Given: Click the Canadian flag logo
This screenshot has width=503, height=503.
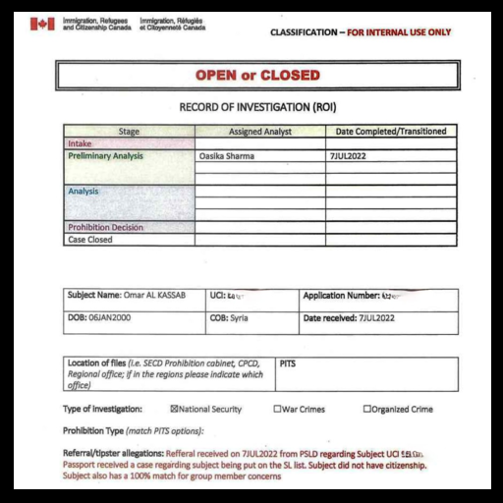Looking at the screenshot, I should click(x=42, y=25).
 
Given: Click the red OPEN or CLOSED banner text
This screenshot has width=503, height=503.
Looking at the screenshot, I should click(x=256, y=76).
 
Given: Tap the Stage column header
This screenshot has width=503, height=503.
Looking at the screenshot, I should click(x=129, y=131).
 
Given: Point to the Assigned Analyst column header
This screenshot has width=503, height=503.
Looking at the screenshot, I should click(x=259, y=131).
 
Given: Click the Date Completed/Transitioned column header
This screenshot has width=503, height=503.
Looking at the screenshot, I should click(x=391, y=131).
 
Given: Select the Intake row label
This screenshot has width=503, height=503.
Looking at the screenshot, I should click(x=80, y=143).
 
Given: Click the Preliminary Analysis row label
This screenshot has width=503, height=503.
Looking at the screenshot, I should click(x=105, y=155).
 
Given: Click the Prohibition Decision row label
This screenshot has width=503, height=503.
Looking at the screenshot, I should click(x=105, y=227).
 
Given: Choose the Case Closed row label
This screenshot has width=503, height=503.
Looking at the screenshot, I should click(x=89, y=239).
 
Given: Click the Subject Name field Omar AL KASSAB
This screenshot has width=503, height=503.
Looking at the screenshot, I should click(x=126, y=295).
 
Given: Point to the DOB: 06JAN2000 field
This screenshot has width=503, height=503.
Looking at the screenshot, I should click(x=98, y=317).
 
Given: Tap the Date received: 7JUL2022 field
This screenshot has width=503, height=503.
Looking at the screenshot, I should click(x=349, y=317).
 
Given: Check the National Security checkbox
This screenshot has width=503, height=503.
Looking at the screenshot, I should click(x=175, y=409).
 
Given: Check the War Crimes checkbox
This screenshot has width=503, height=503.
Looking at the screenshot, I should click(x=277, y=409).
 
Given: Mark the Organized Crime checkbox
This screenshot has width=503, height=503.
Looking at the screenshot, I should click(x=367, y=409).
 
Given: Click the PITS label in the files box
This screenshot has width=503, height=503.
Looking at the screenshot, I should click(x=287, y=363).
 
